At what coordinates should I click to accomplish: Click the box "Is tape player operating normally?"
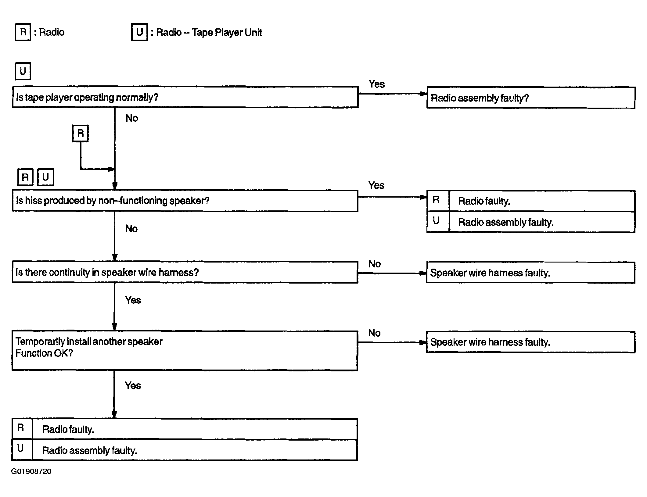(185, 97)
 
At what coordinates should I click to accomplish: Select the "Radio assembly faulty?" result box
(531, 98)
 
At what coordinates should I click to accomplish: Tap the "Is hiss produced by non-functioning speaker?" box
(185, 200)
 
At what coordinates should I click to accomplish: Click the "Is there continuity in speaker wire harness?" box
(185, 272)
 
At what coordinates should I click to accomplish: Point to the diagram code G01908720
(31, 471)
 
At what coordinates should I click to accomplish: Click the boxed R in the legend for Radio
(23, 32)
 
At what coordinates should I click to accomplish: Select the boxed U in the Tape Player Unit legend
(139, 32)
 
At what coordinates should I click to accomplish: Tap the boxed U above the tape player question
(23, 71)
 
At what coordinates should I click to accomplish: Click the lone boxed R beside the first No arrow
(80, 133)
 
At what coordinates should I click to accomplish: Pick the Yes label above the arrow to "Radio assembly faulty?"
(376, 84)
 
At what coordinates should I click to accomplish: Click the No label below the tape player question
(132, 118)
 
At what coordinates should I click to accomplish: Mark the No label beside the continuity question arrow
(375, 264)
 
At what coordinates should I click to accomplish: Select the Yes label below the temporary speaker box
(133, 385)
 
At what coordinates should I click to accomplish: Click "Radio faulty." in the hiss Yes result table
(484, 201)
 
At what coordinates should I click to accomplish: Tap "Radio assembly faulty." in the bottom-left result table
(89, 450)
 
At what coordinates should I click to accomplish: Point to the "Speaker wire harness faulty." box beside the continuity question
(531, 273)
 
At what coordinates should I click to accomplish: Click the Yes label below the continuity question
(133, 300)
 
